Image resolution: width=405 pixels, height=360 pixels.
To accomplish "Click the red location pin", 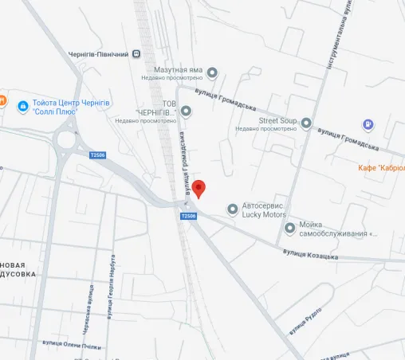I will pyautogui.click(x=199, y=189).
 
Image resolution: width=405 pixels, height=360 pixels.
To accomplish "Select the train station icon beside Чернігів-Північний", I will pyautogui.click(x=138, y=54).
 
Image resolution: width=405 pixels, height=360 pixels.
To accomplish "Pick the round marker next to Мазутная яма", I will pyautogui.click(x=212, y=73).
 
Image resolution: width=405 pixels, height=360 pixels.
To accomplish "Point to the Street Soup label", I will pyautogui.click(x=277, y=120).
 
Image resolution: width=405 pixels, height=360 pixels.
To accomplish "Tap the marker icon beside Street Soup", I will pyautogui.click(x=306, y=123).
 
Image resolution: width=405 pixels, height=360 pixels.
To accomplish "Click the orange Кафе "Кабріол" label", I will pyautogui.click(x=379, y=168).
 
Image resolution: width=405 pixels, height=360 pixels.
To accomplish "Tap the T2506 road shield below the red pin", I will pyautogui.click(x=189, y=216).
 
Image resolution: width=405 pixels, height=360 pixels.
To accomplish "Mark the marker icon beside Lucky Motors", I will pyautogui.click(x=233, y=209).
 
